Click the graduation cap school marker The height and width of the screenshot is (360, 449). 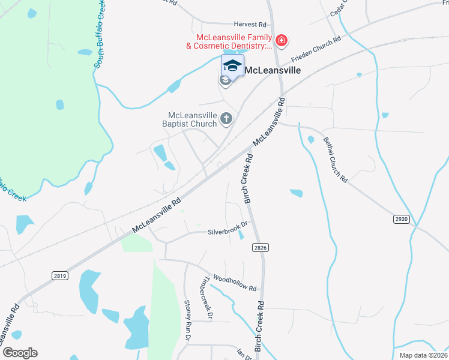(x=232, y=65)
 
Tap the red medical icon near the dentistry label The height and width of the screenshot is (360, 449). (x=282, y=41)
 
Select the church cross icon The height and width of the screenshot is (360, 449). (x=226, y=119)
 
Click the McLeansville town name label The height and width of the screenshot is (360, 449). (x=271, y=70)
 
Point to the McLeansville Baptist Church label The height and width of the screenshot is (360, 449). (x=192, y=119)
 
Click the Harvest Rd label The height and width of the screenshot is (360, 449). (x=250, y=25)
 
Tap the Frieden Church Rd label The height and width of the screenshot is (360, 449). (x=316, y=50)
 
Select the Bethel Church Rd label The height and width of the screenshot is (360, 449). (x=336, y=159)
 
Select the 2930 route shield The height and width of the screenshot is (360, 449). (x=402, y=219)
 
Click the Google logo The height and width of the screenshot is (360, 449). (x=20, y=352)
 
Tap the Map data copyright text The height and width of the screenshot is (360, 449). (x=424, y=355)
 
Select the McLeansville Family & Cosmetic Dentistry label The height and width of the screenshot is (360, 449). (x=228, y=41)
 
